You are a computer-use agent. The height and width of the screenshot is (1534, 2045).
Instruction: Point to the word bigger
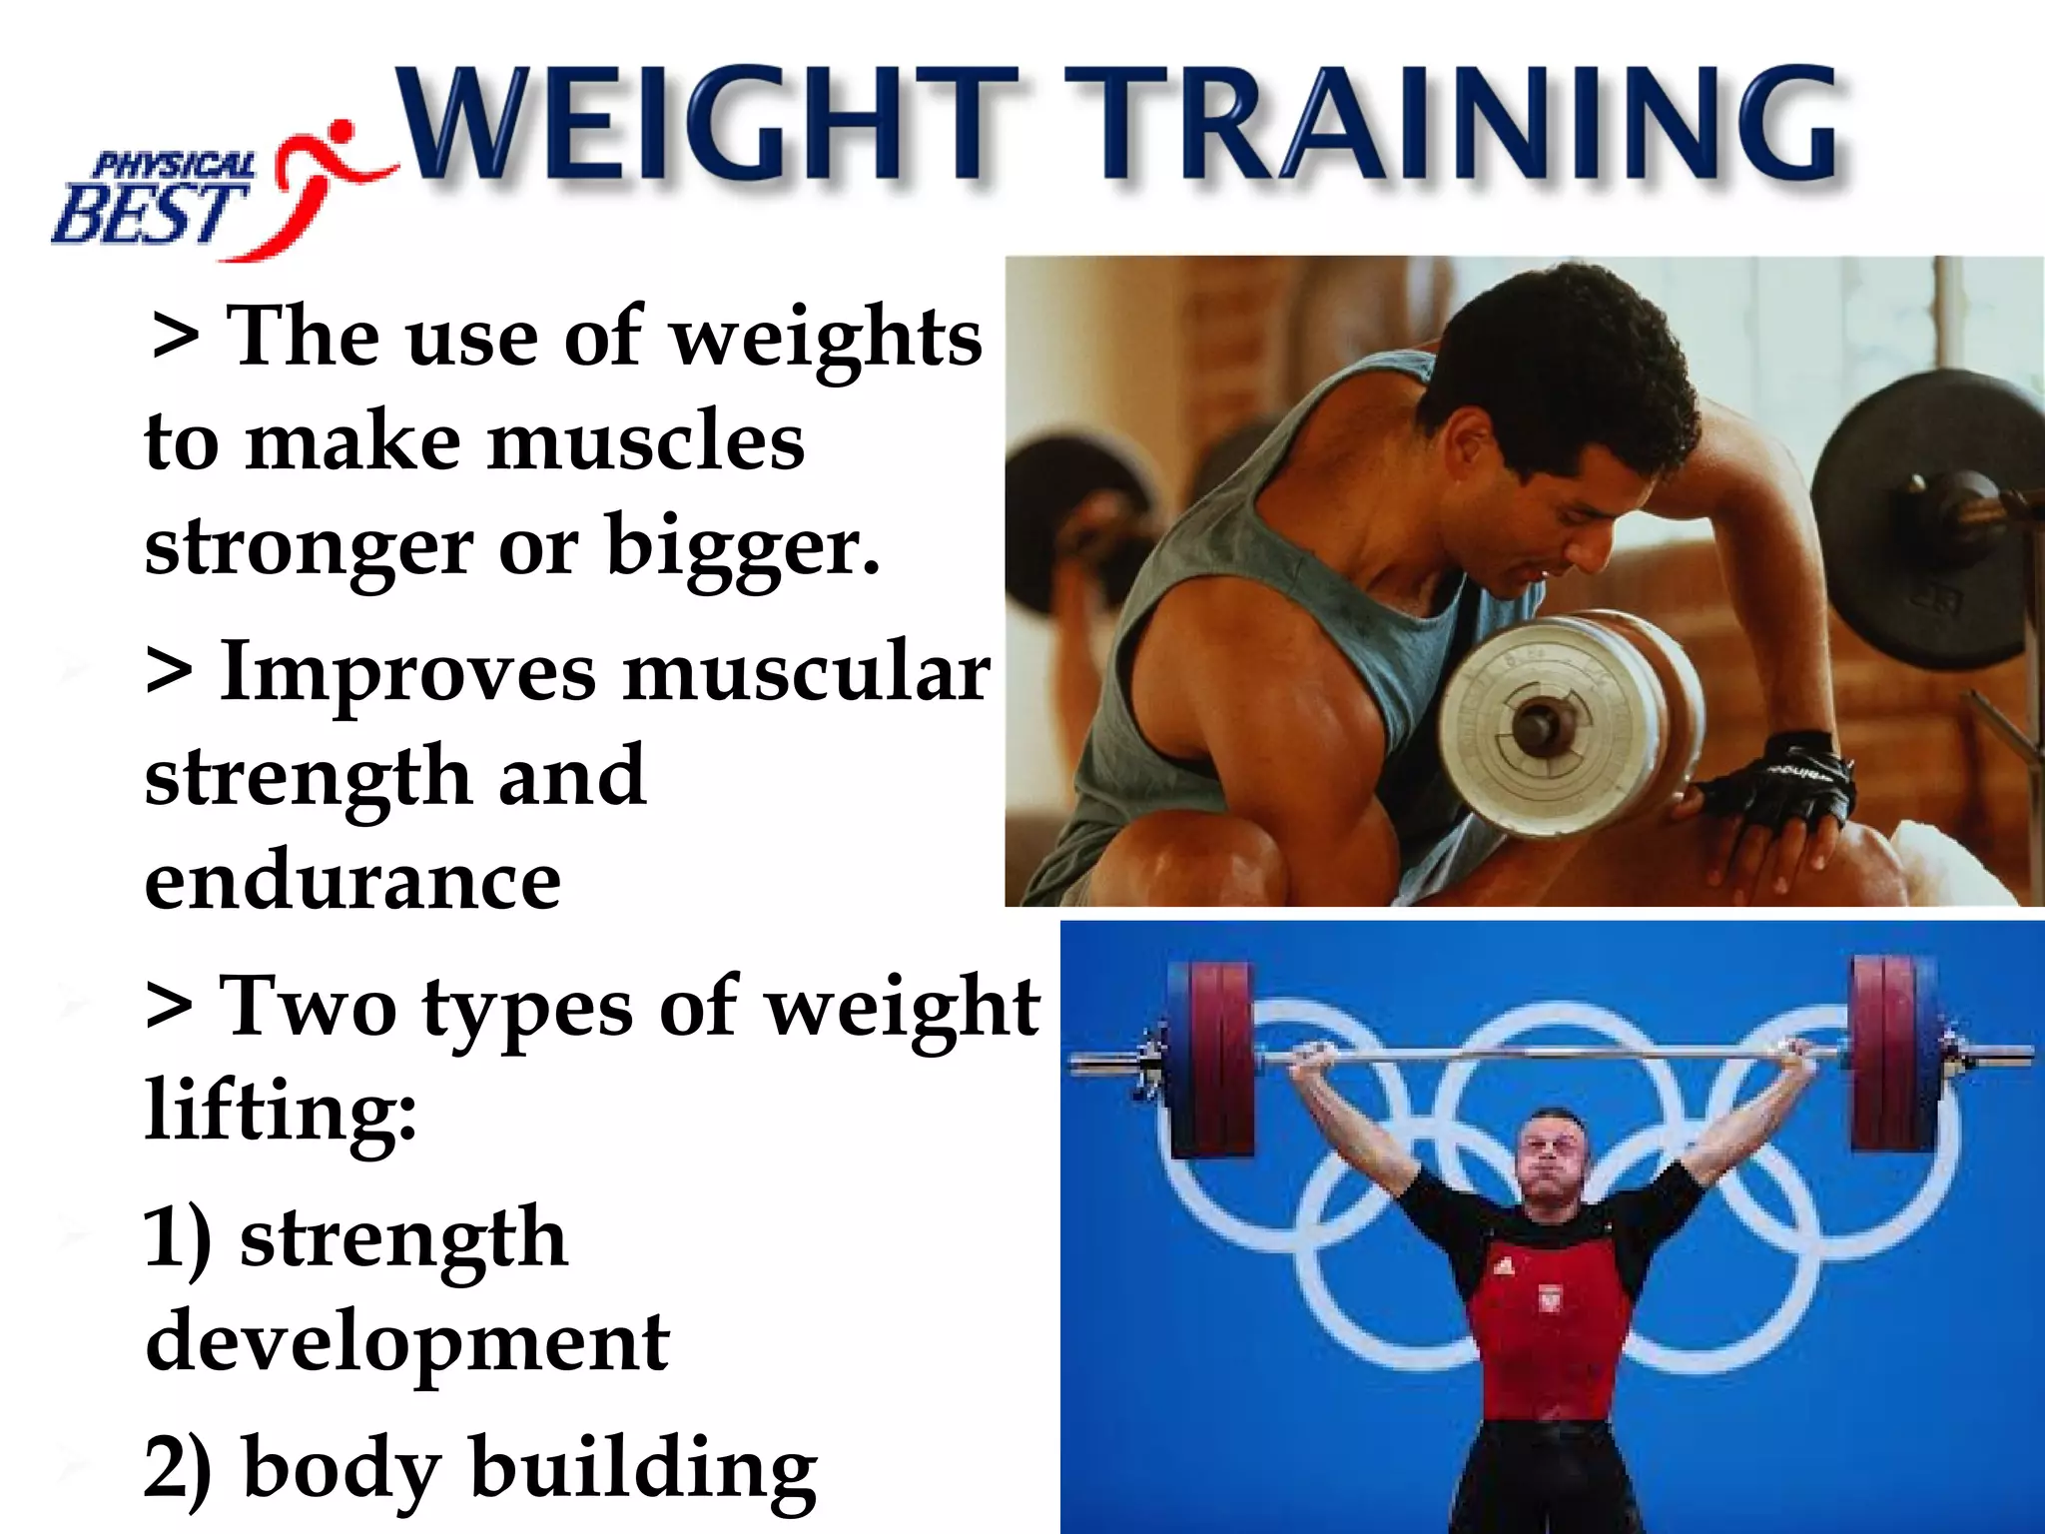click(743, 547)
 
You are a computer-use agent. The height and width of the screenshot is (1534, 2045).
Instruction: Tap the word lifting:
click(281, 1111)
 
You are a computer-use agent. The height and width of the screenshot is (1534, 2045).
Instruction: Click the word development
click(407, 1342)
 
